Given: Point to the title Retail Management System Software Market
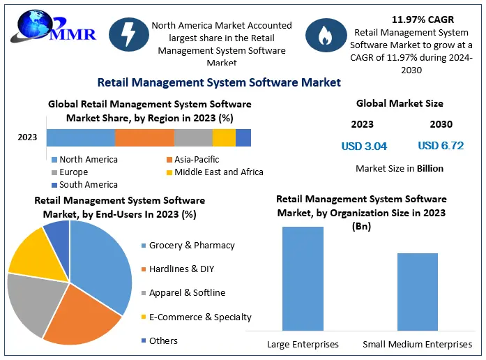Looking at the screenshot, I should point(219,82).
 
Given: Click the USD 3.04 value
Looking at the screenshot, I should point(364,147).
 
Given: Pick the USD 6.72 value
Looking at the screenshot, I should point(441,146).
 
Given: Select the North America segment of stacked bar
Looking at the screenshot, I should point(80,137).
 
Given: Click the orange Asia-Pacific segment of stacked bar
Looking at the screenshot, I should point(144,137).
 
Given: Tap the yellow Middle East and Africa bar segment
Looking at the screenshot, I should point(224,137).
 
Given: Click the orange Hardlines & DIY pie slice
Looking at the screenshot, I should point(85,317).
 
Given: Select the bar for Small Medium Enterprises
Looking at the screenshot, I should point(417,291).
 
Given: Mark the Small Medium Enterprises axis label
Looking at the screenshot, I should point(417,345).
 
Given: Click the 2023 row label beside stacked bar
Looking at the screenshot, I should point(27,137).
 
